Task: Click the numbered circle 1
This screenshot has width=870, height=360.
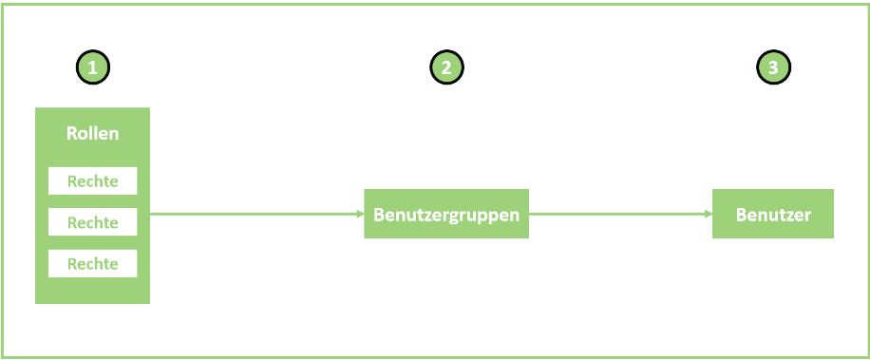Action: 92,67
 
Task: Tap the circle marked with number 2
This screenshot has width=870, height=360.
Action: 446,67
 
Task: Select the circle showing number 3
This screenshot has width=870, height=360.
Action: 773,67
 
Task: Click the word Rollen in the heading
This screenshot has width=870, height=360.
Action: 92,133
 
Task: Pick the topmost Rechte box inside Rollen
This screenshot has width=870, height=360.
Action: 92,181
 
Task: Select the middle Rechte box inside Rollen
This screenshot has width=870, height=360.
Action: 92,222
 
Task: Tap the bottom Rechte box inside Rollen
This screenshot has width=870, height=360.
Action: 92,263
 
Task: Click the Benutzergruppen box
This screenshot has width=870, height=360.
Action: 446,214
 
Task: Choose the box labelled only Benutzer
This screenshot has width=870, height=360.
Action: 773,215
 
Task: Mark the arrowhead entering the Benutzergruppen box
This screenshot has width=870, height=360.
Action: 360,214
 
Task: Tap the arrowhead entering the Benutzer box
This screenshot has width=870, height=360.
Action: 709,214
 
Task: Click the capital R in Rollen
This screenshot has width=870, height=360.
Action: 71,133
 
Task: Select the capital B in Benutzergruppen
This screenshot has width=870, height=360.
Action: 378,215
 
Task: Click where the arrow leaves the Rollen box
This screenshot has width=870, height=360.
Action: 151,214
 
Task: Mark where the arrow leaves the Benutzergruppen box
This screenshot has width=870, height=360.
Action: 530,214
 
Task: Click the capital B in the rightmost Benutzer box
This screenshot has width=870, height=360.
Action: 741,215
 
